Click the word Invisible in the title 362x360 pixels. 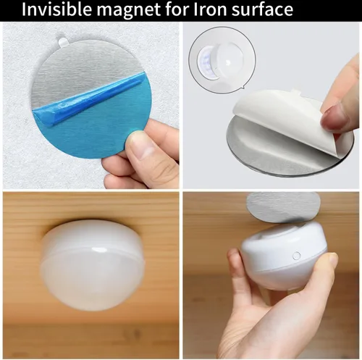pos(57,9)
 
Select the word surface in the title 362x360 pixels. pos(263,9)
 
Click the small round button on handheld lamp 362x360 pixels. pos(296,256)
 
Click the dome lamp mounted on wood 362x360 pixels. pos(92,264)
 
